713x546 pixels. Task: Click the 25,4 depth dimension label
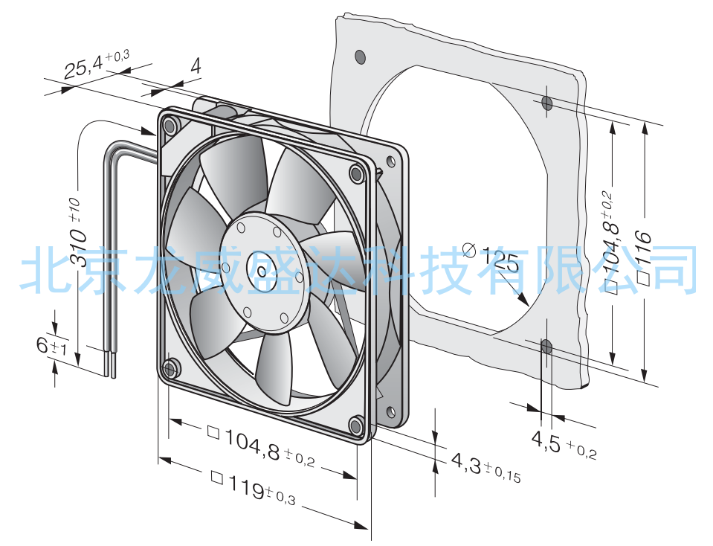pos(97,64)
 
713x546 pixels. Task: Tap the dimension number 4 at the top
pos(196,66)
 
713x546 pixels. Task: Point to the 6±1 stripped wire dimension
pos(52,347)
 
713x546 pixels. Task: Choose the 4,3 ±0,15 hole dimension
pos(485,467)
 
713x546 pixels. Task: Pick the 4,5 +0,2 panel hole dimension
pos(564,445)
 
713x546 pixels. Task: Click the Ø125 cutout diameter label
pos(491,257)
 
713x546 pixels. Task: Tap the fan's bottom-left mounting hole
pos(170,367)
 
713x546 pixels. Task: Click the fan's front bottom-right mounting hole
pos(356,425)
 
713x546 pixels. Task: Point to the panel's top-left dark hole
pos(360,57)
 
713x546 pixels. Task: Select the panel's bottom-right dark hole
pos(546,347)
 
